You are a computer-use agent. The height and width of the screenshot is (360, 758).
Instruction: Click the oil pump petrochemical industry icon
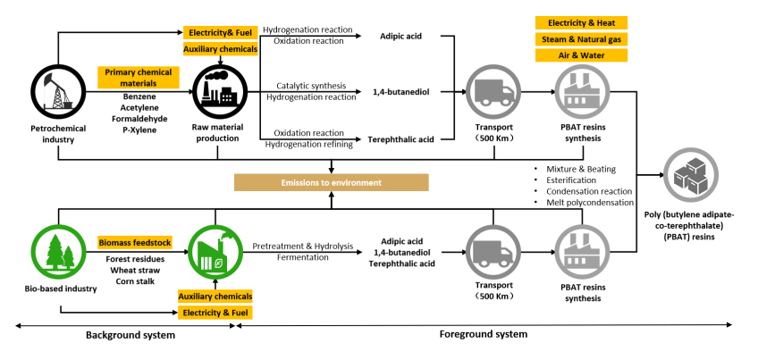point(58,91)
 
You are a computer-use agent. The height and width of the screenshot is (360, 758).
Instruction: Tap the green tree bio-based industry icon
point(58,251)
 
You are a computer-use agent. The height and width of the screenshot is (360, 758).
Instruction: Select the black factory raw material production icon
point(217,91)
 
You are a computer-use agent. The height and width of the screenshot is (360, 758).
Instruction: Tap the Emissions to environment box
point(332,182)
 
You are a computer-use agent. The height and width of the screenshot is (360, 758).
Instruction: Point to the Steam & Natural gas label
point(581,38)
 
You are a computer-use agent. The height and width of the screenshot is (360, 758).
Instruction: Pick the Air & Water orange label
point(581,55)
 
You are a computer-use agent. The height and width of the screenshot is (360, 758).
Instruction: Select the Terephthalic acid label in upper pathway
point(400,139)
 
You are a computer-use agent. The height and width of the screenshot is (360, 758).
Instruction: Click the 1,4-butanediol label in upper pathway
point(401,91)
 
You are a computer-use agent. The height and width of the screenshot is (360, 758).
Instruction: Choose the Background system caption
point(131,335)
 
